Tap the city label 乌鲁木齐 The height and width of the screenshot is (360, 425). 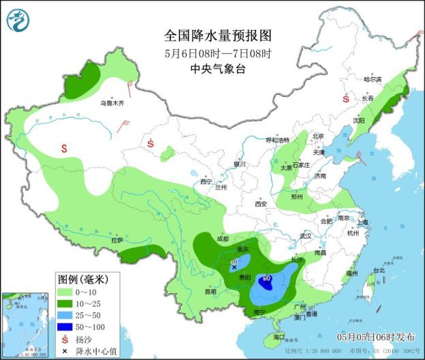(x=112, y=103)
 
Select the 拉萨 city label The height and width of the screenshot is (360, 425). (x=116, y=240)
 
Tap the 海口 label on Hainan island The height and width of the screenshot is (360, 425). (x=279, y=337)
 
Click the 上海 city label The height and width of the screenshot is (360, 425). (x=361, y=222)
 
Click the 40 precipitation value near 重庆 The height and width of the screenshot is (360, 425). (x=234, y=262)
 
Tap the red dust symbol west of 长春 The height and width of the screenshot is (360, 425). (x=346, y=98)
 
